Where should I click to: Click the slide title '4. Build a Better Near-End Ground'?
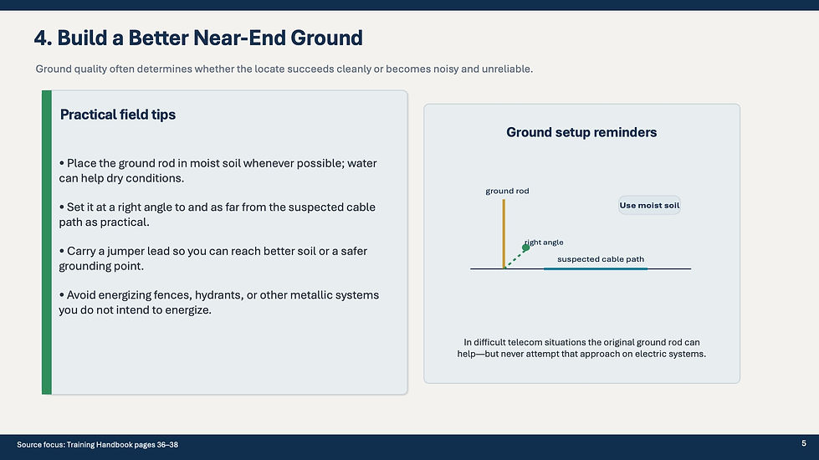pos(198,38)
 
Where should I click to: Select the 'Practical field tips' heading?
pos(117,115)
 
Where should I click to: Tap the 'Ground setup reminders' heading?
pos(581,132)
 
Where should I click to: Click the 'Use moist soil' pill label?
pos(649,205)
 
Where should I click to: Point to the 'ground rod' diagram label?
pos(507,191)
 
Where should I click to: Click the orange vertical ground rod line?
pos(504,233)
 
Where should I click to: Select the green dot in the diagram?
pos(526,248)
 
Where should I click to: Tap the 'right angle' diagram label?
pos(545,243)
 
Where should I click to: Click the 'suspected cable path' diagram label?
pos(601,259)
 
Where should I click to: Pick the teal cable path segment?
pos(596,269)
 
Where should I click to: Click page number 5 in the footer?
pos(804,443)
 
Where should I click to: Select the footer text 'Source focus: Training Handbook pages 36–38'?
pos(97,445)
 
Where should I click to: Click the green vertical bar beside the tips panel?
pos(47,243)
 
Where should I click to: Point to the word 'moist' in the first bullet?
pos(205,163)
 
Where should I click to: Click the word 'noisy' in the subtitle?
pos(446,69)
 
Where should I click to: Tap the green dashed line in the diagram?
pos(515,258)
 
